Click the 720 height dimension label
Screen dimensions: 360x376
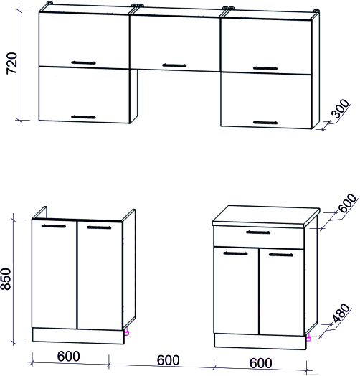pyautogui.click(x=12, y=63)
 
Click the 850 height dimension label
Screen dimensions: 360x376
pyautogui.click(x=6, y=279)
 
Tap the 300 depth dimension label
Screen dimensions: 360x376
pyautogui.click(x=340, y=108)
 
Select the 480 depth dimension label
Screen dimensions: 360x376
pyautogui.click(x=341, y=313)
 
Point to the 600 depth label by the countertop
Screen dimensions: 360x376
pyautogui.click(x=348, y=203)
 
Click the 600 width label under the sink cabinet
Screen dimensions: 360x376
pyautogui.click(x=68, y=357)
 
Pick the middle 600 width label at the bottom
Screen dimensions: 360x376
pyautogui.click(x=168, y=360)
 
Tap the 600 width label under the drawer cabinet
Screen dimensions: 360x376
pyautogui.click(x=261, y=363)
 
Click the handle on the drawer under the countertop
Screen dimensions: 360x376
pyautogui.click(x=258, y=232)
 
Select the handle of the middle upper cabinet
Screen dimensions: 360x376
pyautogui.click(x=174, y=65)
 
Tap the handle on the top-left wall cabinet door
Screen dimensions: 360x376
pyautogui.click(x=83, y=62)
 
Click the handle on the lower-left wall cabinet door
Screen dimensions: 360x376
pyautogui.click(x=83, y=117)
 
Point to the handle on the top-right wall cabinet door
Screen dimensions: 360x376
pyautogui.click(x=265, y=68)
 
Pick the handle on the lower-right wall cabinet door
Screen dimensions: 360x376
pyautogui.click(x=265, y=123)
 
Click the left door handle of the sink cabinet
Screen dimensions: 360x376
pyautogui.click(x=54, y=226)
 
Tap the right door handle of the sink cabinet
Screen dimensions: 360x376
pyautogui.click(x=99, y=227)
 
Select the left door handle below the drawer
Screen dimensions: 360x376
pyautogui.click(x=235, y=253)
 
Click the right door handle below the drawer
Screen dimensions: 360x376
pyautogui.click(x=281, y=255)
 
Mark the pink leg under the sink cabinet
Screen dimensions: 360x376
pyautogui.click(x=127, y=332)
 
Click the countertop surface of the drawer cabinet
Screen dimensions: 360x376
pyautogui.click(x=265, y=215)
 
